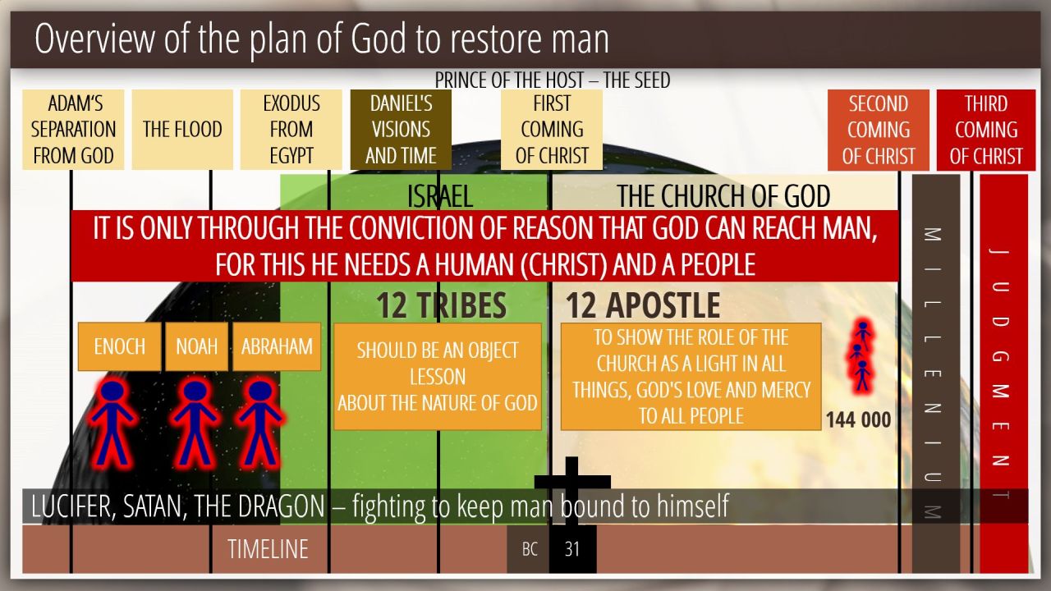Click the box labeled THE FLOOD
(182, 130)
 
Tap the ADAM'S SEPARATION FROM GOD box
(73, 130)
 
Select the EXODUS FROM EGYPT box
(291, 130)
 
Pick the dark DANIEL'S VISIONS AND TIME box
(401, 130)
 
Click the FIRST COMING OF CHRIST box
(552, 130)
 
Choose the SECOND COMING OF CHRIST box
(879, 130)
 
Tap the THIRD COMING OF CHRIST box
(986, 130)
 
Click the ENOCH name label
(120, 346)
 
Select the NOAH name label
(196, 346)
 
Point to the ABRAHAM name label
(277, 346)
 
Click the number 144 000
(858, 419)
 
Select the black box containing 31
(573, 549)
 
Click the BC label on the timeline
(529, 549)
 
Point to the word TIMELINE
(268, 549)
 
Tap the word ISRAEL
(439, 196)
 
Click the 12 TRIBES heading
(442, 305)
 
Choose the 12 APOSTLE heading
(643, 305)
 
